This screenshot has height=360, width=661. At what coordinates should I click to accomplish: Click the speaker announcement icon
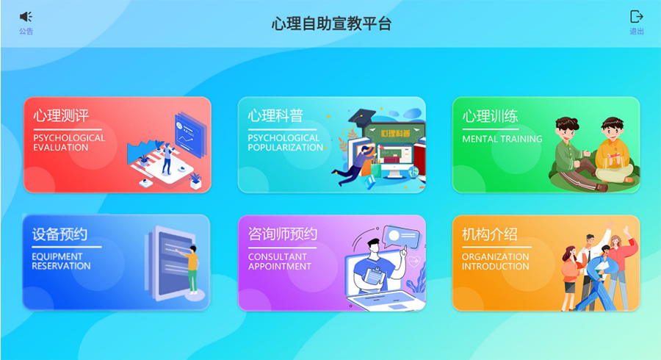tap(26, 16)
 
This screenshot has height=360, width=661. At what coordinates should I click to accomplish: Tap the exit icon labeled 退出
tap(636, 16)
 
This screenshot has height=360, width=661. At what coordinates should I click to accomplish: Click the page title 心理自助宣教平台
tap(331, 24)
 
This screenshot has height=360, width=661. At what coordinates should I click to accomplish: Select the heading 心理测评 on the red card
tap(61, 115)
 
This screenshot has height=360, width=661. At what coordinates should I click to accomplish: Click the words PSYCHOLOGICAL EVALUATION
tap(69, 143)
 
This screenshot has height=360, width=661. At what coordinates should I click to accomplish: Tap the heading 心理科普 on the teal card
tap(275, 115)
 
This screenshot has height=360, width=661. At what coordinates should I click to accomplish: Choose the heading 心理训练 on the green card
tap(490, 116)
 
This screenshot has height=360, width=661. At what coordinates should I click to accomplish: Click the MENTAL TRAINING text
tap(502, 139)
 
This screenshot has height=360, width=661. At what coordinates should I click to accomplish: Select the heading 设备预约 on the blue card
tap(60, 234)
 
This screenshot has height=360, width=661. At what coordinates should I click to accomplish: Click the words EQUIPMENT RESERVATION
tap(61, 262)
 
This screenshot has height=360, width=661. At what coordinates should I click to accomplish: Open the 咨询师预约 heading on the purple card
tap(283, 234)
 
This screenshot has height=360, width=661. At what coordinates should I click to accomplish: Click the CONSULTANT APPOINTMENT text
tap(280, 262)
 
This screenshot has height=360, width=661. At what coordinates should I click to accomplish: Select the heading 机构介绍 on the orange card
tap(489, 234)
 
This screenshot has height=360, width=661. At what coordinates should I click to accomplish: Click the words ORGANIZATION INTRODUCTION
tap(495, 262)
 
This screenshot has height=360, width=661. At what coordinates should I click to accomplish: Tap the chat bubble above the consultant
tap(401, 237)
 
